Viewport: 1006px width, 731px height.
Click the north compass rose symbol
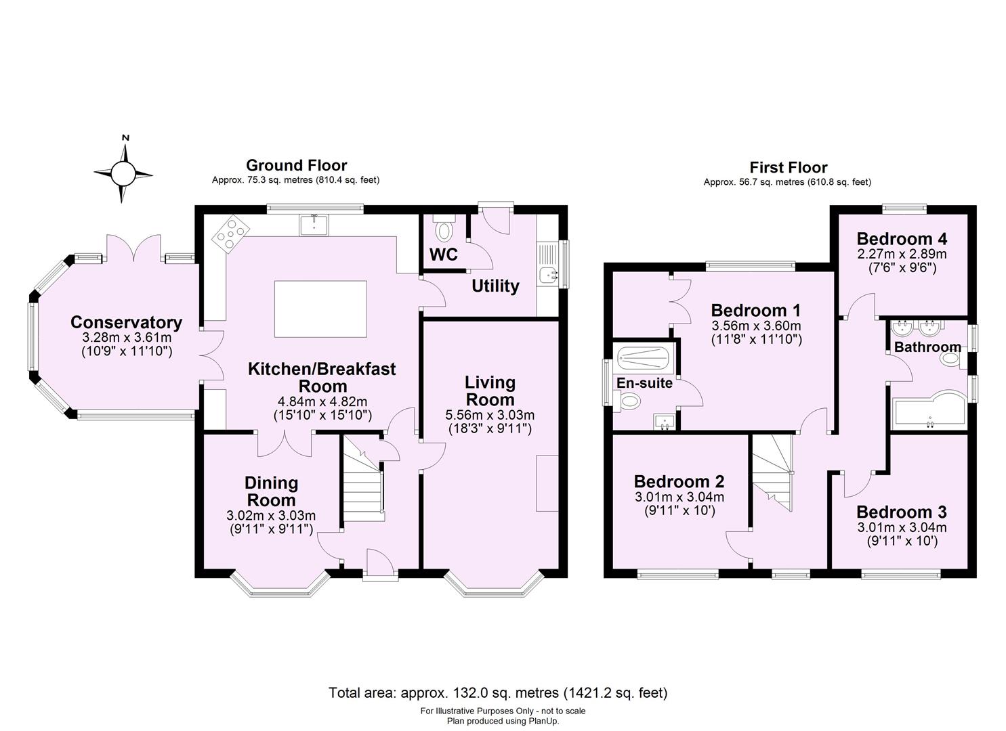(123, 173)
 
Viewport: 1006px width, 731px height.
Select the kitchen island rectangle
(320, 309)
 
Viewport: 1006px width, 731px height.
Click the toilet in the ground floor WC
(444, 231)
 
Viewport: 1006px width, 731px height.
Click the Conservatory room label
(126, 323)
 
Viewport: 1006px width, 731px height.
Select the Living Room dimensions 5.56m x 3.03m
(490, 415)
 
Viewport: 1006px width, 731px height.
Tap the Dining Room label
(271, 491)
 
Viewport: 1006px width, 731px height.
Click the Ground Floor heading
(296, 165)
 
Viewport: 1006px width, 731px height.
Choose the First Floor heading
(788, 167)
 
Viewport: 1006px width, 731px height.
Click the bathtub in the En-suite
(644, 358)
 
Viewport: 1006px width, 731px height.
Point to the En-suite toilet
(629, 402)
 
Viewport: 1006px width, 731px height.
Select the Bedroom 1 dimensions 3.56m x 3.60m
(756, 325)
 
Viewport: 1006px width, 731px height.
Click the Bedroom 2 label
(679, 482)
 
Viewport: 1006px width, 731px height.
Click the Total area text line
(498, 692)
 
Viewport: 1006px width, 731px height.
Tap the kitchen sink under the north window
(314, 224)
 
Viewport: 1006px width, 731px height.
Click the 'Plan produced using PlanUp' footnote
(503, 721)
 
